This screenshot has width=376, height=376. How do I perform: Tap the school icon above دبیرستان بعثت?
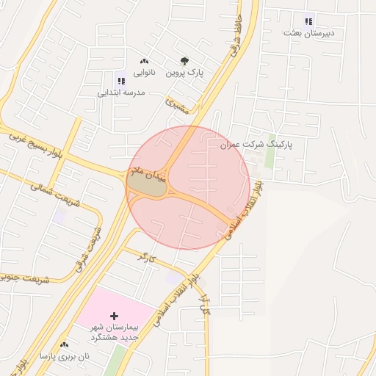308,21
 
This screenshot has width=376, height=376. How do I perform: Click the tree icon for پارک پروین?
184,62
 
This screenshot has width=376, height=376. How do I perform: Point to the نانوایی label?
143,73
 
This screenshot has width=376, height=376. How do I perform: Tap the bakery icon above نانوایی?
143,62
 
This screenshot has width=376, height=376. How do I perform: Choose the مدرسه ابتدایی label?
122,93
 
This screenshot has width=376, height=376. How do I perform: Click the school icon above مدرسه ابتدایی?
121,81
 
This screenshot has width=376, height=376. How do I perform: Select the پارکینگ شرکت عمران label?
256,145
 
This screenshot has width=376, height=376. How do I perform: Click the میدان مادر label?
148,176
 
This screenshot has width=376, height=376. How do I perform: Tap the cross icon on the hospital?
113,315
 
